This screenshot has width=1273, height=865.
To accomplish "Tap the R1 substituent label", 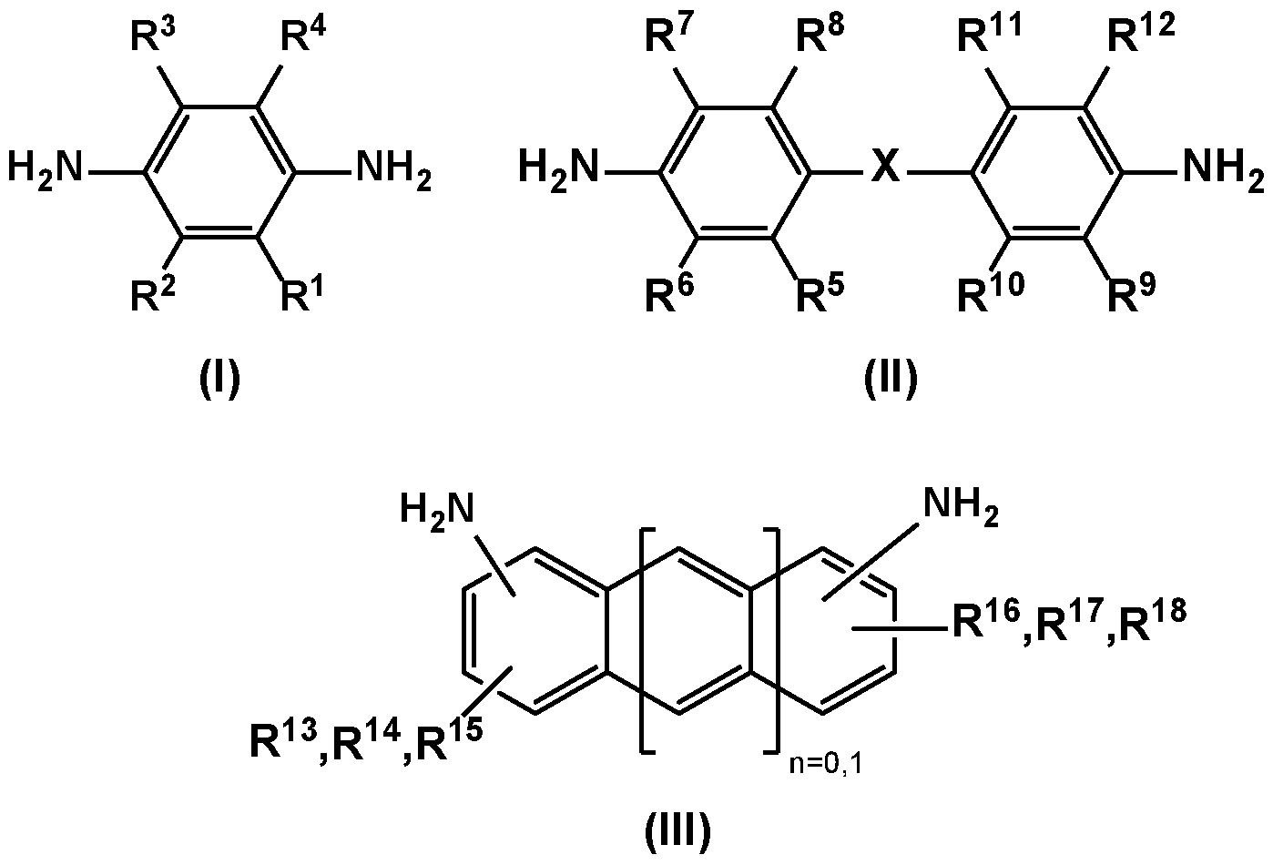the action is click(x=302, y=293).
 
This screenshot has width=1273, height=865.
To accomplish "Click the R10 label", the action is click(x=991, y=293).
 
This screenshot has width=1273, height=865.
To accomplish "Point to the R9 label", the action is click(x=1132, y=293).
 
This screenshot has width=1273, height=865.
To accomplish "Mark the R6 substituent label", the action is click(x=669, y=293).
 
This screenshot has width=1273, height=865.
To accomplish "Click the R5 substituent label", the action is click(x=820, y=293).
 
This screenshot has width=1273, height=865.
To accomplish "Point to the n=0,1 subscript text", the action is click(x=826, y=765).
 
